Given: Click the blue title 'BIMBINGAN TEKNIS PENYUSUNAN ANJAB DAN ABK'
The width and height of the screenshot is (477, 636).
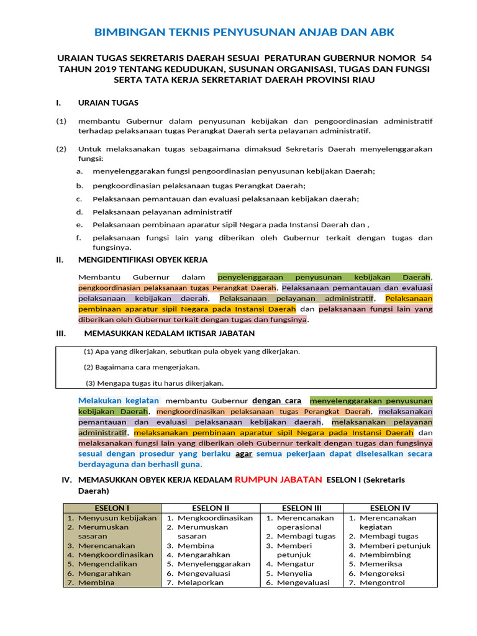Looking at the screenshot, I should [x=243, y=32].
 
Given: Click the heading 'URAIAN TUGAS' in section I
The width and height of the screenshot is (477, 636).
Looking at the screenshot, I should [x=108, y=102].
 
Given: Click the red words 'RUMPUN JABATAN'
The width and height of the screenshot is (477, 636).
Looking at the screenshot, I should [x=278, y=479].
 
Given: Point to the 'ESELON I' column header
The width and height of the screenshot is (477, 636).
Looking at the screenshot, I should [x=111, y=508].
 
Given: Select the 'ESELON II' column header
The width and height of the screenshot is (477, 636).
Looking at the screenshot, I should [x=211, y=508].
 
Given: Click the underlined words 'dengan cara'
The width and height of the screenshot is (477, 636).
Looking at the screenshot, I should [x=276, y=401].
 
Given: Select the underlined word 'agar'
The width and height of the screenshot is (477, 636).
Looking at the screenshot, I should [x=243, y=454].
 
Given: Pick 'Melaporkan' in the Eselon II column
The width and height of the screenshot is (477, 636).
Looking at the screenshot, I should [x=201, y=583].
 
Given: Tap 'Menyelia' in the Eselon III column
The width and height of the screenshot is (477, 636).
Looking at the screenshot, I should [x=294, y=573].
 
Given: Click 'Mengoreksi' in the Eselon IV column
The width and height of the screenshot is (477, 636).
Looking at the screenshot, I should [x=384, y=573].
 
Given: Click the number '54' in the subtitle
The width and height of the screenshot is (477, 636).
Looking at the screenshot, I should [x=425, y=58].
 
